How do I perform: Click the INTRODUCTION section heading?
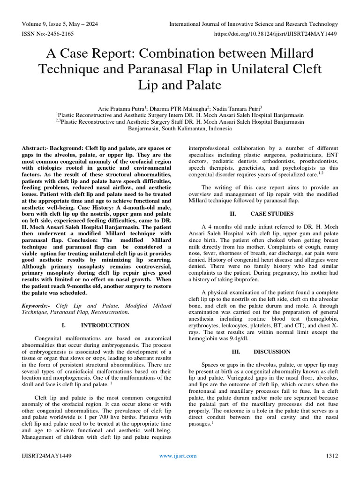pos(105,325)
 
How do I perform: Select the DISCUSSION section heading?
pos(272,351)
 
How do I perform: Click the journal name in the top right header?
pos(253,24)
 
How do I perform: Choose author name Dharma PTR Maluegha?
pos(175,107)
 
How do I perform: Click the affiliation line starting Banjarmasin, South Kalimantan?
pos(180,128)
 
